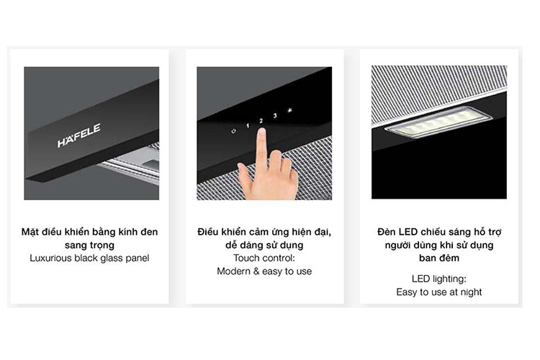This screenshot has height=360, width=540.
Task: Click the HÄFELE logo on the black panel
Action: tap(79, 135)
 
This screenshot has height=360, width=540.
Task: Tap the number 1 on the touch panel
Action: tap(247, 126)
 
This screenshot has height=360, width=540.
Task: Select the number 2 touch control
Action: tap(261, 121)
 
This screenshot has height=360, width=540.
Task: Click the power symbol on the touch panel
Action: tap(233, 131)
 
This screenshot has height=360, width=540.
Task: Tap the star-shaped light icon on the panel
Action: tap(290, 111)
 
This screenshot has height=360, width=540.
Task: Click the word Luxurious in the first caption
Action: tap(50, 258)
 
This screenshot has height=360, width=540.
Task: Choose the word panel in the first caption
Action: tap(137, 258)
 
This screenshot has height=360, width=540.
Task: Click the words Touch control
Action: tap(264, 258)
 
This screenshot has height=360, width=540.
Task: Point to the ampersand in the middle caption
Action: tap(256, 271)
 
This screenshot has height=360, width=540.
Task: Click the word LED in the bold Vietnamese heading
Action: tap(408, 232)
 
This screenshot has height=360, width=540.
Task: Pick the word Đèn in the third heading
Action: tap(387, 232)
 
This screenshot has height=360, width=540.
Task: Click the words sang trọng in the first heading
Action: tap(89, 246)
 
